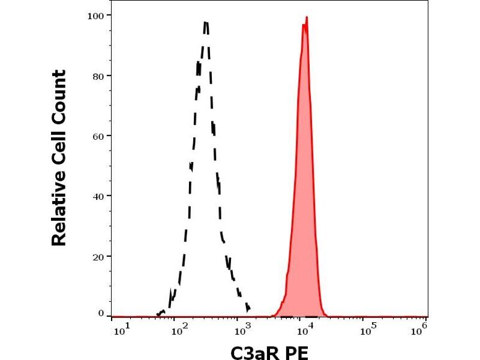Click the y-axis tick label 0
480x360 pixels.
click(101, 313)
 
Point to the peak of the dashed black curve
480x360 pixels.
click(205, 22)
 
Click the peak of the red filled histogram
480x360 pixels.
click(306, 17)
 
